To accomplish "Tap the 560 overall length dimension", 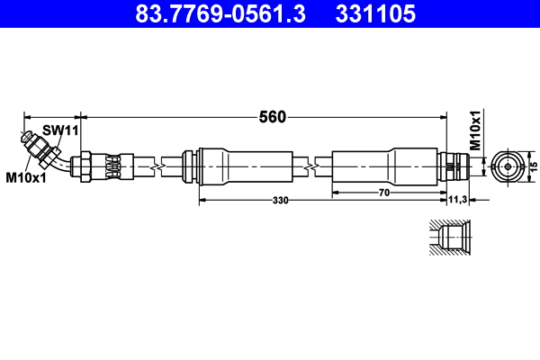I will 272,116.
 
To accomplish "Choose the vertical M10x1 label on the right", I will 477,130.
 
